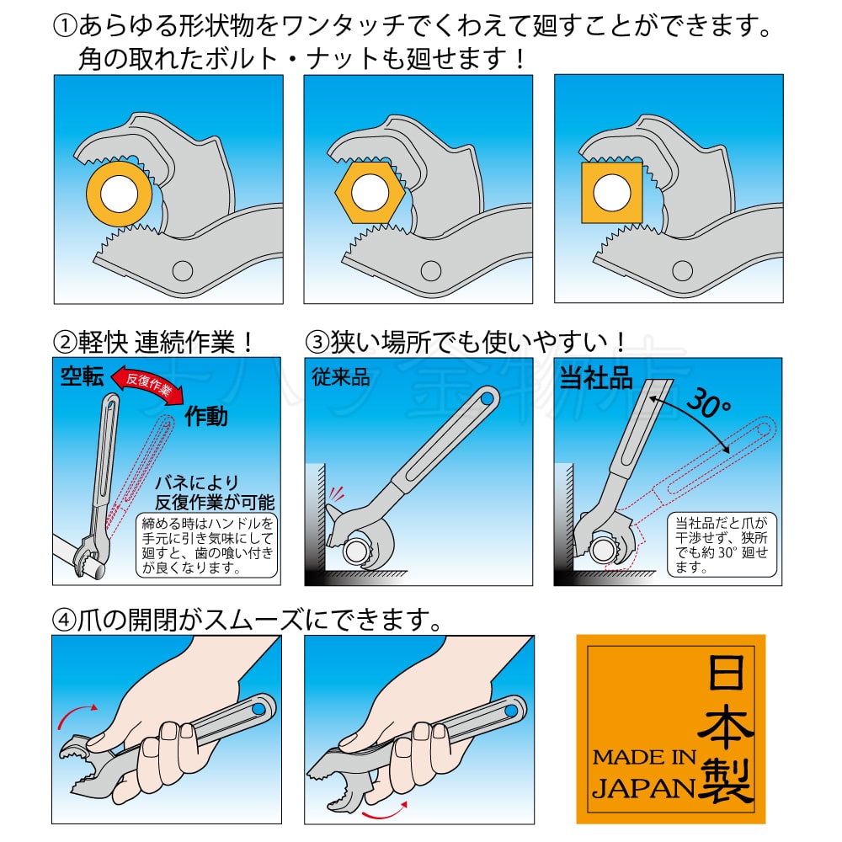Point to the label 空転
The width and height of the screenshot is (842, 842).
83,377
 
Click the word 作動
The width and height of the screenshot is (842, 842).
206,416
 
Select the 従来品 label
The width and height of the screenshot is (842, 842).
340,377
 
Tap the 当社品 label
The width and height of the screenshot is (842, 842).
595,377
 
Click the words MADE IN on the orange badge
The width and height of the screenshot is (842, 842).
644,757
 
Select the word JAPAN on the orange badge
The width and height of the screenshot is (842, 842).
643,789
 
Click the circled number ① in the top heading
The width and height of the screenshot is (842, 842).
66,26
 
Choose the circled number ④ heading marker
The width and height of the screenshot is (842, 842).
64,621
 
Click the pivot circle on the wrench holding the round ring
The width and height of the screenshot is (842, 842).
183,270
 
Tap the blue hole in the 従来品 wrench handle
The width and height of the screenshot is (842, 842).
487,399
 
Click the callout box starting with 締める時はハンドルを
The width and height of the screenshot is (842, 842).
207,545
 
